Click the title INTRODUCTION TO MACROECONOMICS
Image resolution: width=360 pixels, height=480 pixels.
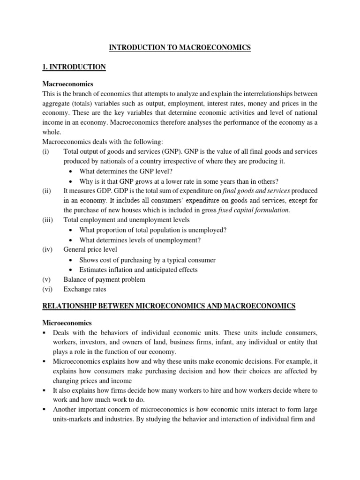180,47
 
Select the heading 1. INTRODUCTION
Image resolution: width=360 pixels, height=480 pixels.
74,67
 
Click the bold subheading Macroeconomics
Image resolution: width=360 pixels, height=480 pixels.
68,84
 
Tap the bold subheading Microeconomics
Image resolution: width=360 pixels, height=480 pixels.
67,323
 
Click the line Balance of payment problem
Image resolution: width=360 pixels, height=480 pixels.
104,279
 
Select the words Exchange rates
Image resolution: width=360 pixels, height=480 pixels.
85,289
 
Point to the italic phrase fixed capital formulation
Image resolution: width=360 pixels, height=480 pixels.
254,210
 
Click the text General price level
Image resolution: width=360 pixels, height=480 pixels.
90,249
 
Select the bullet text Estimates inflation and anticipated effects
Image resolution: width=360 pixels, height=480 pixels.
138,270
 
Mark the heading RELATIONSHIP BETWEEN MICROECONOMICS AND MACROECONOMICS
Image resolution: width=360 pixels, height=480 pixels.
169,306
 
